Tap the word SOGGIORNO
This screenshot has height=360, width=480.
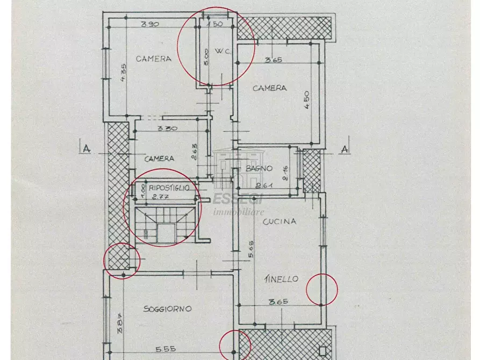point(167,309)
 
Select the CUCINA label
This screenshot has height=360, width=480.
point(279,221)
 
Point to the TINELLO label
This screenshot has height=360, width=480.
point(281,279)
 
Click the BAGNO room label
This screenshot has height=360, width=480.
point(259,168)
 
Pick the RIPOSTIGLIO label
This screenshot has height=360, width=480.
point(169,188)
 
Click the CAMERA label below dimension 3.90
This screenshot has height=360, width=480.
point(153,59)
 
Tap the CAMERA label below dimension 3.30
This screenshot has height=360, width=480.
point(159,159)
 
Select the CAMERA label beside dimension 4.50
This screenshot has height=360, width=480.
point(269,88)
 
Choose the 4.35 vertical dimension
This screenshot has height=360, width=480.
point(123,72)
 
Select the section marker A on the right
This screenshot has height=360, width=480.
point(345,148)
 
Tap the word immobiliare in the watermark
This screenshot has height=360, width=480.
point(239,212)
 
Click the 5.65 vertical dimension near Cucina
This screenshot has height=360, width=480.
point(251,249)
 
